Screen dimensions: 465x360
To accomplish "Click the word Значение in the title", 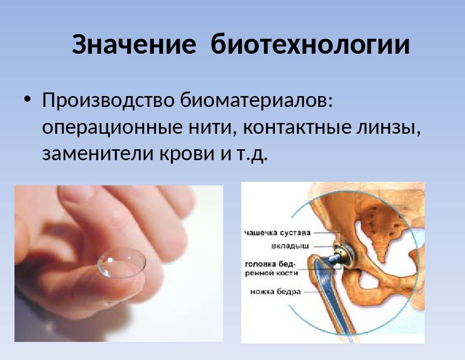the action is pos(134,44).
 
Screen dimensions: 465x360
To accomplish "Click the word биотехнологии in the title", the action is pos(310,44).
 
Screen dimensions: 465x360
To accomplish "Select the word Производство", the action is pos(108,100).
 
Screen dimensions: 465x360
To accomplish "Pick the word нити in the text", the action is pos(213,127).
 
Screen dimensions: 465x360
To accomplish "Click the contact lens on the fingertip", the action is pos(121,263).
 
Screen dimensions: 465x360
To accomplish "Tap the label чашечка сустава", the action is pos(277,233).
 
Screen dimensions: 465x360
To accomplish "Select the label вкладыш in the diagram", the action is pos(290,246).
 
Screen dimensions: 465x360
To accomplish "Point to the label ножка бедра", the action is pos(275,291).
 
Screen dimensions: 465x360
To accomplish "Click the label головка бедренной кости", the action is pos(271,268).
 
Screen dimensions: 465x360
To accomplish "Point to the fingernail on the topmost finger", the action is pos(78,192).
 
